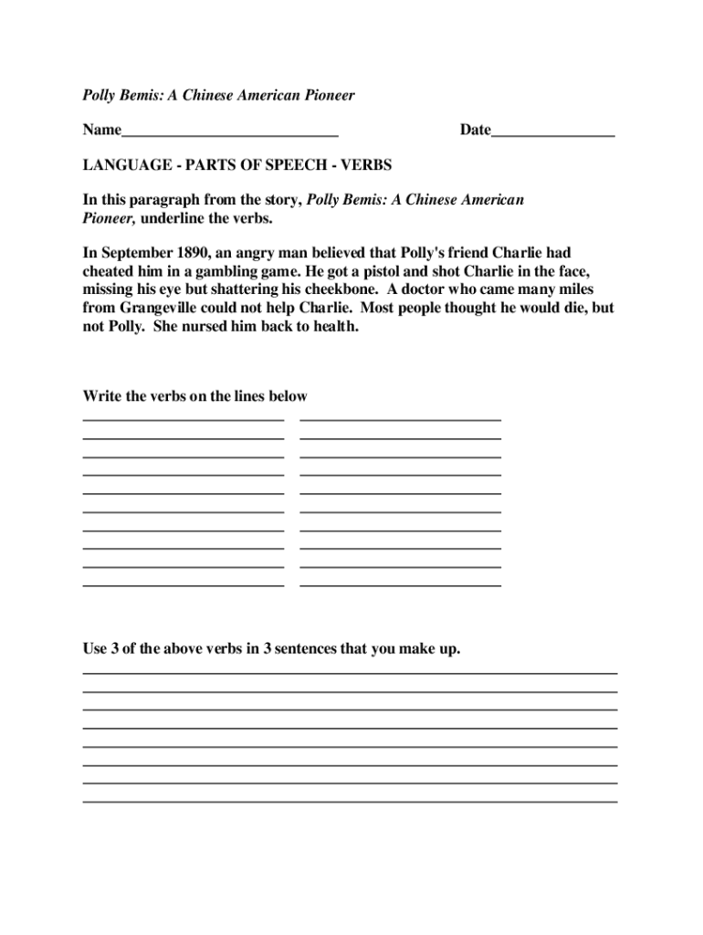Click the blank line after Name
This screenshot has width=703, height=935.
(230, 133)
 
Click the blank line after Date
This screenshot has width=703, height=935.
(553, 133)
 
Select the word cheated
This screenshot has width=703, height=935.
(111, 270)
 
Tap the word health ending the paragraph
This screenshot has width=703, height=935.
(333, 325)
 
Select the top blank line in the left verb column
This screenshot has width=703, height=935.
(184, 419)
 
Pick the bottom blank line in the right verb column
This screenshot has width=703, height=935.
(400, 583)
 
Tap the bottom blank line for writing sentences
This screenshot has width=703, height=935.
(350, 801)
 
